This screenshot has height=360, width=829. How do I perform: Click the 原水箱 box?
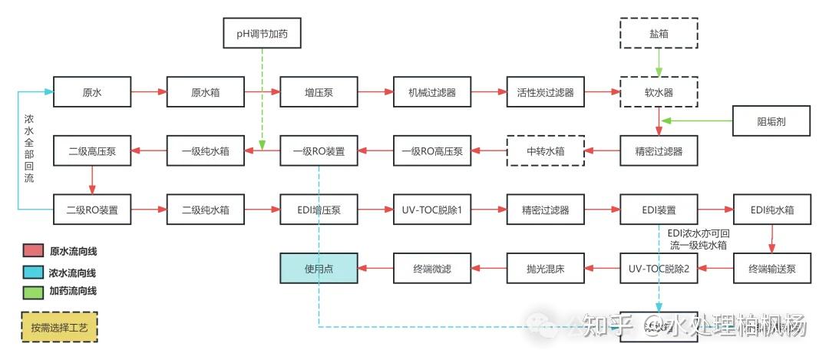click(205, 93)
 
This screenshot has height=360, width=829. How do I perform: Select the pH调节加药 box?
click(262, 34)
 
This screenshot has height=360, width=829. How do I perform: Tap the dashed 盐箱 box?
click(659, 34)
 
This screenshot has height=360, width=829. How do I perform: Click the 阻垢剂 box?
click(771, 121)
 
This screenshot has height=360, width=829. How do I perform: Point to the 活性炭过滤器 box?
click(545, 93)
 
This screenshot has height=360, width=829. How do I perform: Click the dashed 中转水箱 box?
click(545, 150)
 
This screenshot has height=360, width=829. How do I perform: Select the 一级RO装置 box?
click(319, 150)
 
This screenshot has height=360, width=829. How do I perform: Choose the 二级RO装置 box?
click(92, 208)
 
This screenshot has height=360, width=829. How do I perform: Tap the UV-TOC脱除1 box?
click(432, 208)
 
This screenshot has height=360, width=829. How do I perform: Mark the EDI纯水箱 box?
click(771, 208)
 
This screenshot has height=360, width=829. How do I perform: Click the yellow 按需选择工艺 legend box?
click(60, 327)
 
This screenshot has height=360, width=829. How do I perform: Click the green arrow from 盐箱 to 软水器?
click(659, 63)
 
